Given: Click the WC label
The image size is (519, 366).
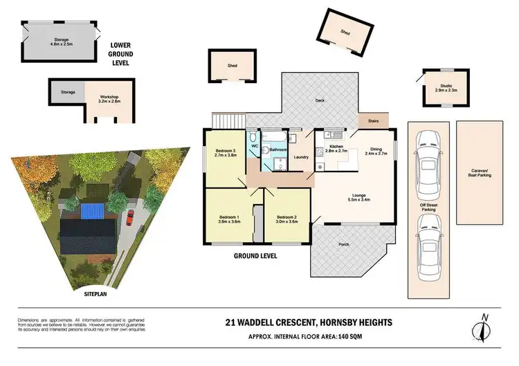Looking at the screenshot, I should [x=254, y=147].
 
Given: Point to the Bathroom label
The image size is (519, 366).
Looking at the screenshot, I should [x=278, y=149].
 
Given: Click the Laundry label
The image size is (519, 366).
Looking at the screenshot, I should [x=300, y=157].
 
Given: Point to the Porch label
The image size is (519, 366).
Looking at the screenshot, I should [x=344, y=245].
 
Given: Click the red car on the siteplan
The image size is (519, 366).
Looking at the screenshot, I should [x=129, y=218].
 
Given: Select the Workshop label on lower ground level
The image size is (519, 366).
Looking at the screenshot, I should [x=108, y=97].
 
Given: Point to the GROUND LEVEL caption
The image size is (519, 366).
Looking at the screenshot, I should [x=255, y=255].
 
